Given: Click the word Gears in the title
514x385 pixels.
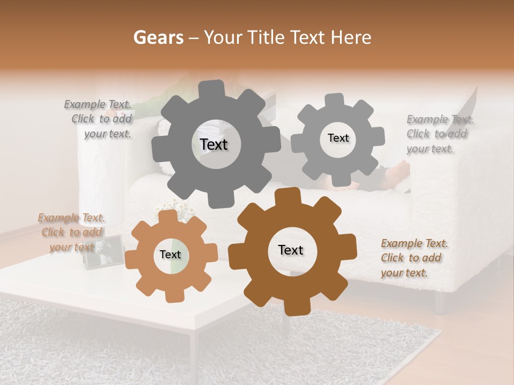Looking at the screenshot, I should (x=158, y=37).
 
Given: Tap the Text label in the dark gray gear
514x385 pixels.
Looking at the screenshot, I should (x=214, y=144).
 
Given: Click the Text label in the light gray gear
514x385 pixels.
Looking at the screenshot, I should (x=338, y=138).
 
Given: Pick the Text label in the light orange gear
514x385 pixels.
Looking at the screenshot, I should (x=170, y=255).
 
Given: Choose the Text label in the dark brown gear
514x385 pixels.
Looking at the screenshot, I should (x=291, y=250).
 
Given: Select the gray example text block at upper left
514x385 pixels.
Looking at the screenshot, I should (x=100, y=119).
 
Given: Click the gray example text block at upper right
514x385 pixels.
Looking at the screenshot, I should (x=439, y=134).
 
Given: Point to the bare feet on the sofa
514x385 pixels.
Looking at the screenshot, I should (x=397, y=174).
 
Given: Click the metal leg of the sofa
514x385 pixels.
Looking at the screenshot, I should (x=440, y=303).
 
